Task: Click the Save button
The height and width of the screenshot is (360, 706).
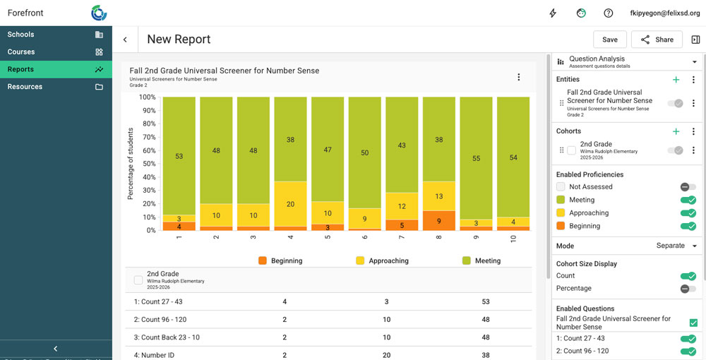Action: (x=610, y=40)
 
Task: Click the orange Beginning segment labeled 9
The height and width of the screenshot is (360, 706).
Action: (x=438, y=221)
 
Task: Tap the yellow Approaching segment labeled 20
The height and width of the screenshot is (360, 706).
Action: (x=290, y=204)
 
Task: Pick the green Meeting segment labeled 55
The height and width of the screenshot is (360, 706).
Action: (x=476, y=158)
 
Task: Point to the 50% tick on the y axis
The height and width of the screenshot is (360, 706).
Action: (x=148, y=164)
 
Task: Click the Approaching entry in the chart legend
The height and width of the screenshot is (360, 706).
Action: (x=381, y=260)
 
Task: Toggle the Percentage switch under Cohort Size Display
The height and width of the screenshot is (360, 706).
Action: (x=688, y=289)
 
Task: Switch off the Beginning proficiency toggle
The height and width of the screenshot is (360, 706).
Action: (x=688, y=226)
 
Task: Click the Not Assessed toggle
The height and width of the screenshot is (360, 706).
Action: (x=688, y=187)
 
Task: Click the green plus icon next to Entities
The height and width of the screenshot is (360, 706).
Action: (x=676, y=80)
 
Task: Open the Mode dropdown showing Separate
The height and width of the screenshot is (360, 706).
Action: (x=676, y=246)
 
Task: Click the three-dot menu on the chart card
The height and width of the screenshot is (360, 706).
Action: (x=519, y=77)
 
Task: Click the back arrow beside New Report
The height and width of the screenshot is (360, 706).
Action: (x=125, y=40)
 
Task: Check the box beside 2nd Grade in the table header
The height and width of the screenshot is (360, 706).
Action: (x=138, y=280)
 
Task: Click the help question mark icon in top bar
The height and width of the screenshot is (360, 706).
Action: (x=608, y=13)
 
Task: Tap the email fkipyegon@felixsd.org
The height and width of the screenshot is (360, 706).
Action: (x=660, y=13)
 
